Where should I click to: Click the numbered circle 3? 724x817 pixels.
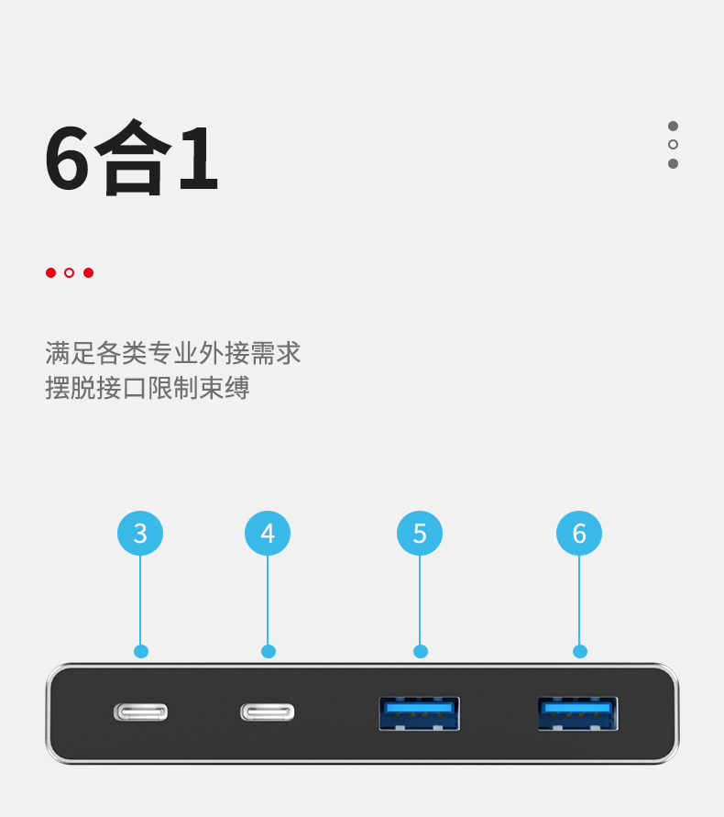point(140,533)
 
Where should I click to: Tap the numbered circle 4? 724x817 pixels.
point(268,533)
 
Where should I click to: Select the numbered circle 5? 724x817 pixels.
point(420,533)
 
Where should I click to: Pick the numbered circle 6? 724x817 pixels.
point(579,533)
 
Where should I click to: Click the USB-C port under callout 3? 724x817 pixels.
point(140,712)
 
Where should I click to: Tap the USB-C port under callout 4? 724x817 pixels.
point(268,712)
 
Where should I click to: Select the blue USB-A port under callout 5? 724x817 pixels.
point(420,713)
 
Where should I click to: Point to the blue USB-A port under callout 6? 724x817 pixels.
point(578,713)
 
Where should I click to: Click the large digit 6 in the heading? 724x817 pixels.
point(68,158)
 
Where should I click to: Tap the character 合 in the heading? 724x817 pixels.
point(133,158)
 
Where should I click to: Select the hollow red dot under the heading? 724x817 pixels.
point(69,272)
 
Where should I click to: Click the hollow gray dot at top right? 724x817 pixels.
point(673,145)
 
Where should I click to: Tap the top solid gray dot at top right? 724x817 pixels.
point(673,126)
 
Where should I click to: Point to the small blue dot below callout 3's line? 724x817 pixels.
point(140,651)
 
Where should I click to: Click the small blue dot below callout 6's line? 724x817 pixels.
point(579,651)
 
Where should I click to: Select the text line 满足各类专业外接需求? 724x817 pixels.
point(173,353)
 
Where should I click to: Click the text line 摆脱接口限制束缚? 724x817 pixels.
point(148,388)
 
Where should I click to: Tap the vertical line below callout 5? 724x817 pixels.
point(420,601)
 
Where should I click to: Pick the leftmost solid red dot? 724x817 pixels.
point(50,272)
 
